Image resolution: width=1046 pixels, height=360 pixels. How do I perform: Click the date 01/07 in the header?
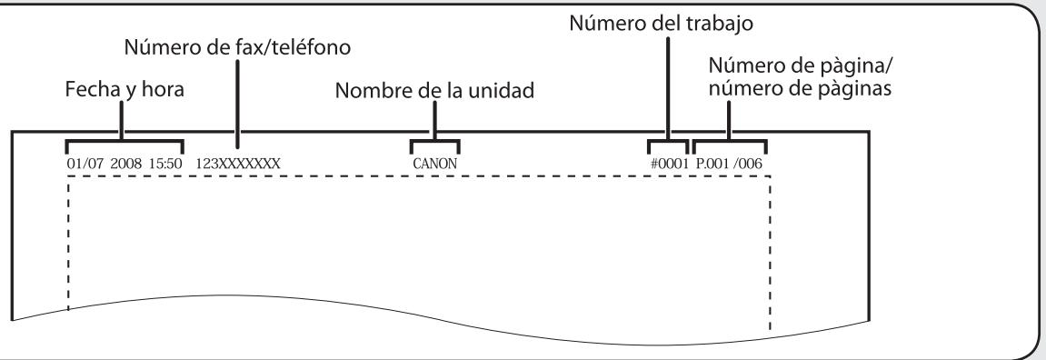pyautogui.click(x=80, y=165)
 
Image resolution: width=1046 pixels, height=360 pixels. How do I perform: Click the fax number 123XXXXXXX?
pyautogui.click(x=239, y=165)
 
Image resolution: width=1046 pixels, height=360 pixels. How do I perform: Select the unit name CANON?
pyautogui.click(x=434, y=165)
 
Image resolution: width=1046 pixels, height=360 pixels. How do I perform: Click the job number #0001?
pyautogui.click(x=667, y=165)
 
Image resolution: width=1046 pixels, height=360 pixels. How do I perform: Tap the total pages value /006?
pyautogui.click(x=749, y=165)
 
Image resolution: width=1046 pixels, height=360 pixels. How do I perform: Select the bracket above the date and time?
pyautogui.click(x=125, y=142)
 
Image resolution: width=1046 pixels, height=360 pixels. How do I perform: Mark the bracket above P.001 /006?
pyautogui.click(x=729, y=142)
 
